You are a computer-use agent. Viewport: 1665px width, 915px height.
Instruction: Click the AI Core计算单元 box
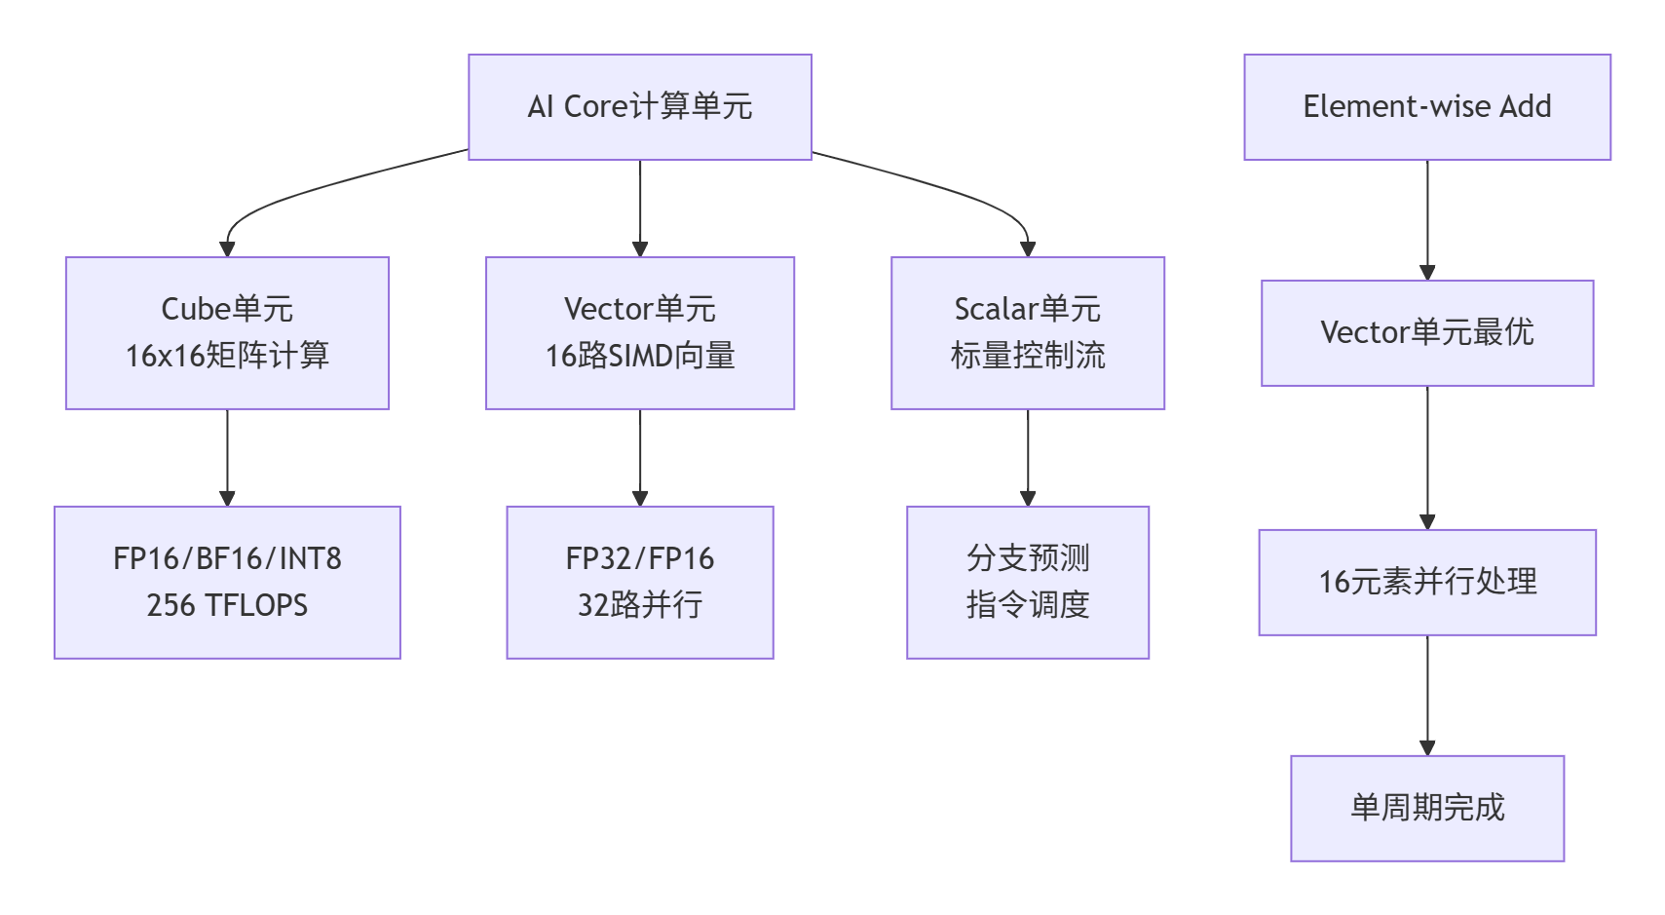(639, 106)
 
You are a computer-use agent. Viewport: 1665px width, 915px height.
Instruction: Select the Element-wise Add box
(1426, 106)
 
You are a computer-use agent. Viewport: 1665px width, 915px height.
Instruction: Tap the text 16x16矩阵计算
(227, 356)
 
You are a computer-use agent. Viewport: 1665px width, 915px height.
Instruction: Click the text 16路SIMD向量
(639, 356)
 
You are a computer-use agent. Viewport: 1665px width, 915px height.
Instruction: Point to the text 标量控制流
(1027, 356)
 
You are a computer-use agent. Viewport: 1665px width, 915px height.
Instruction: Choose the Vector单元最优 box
(1426, 332)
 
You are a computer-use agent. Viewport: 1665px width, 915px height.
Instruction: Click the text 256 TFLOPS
(227, 605)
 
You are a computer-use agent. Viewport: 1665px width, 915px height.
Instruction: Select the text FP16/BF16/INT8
(227, 558)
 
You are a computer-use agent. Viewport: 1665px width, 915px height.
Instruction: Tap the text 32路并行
(639, 605)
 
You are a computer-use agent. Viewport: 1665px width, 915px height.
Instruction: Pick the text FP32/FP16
(639, 558)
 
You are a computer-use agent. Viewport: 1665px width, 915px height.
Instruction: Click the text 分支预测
(1027, 558)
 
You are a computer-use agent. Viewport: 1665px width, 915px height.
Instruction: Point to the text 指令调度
(1027, 605)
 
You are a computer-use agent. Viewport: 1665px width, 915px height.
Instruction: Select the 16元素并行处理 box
(1426, 582)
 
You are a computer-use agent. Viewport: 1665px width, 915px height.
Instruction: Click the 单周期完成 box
(1426, 808)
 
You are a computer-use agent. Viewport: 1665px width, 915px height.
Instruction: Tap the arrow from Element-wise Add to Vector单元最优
(1427, 219)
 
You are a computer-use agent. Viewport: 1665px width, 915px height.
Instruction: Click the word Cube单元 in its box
(227, 309)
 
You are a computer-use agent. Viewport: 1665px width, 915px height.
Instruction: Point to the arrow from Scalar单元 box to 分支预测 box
(1028, 457)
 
